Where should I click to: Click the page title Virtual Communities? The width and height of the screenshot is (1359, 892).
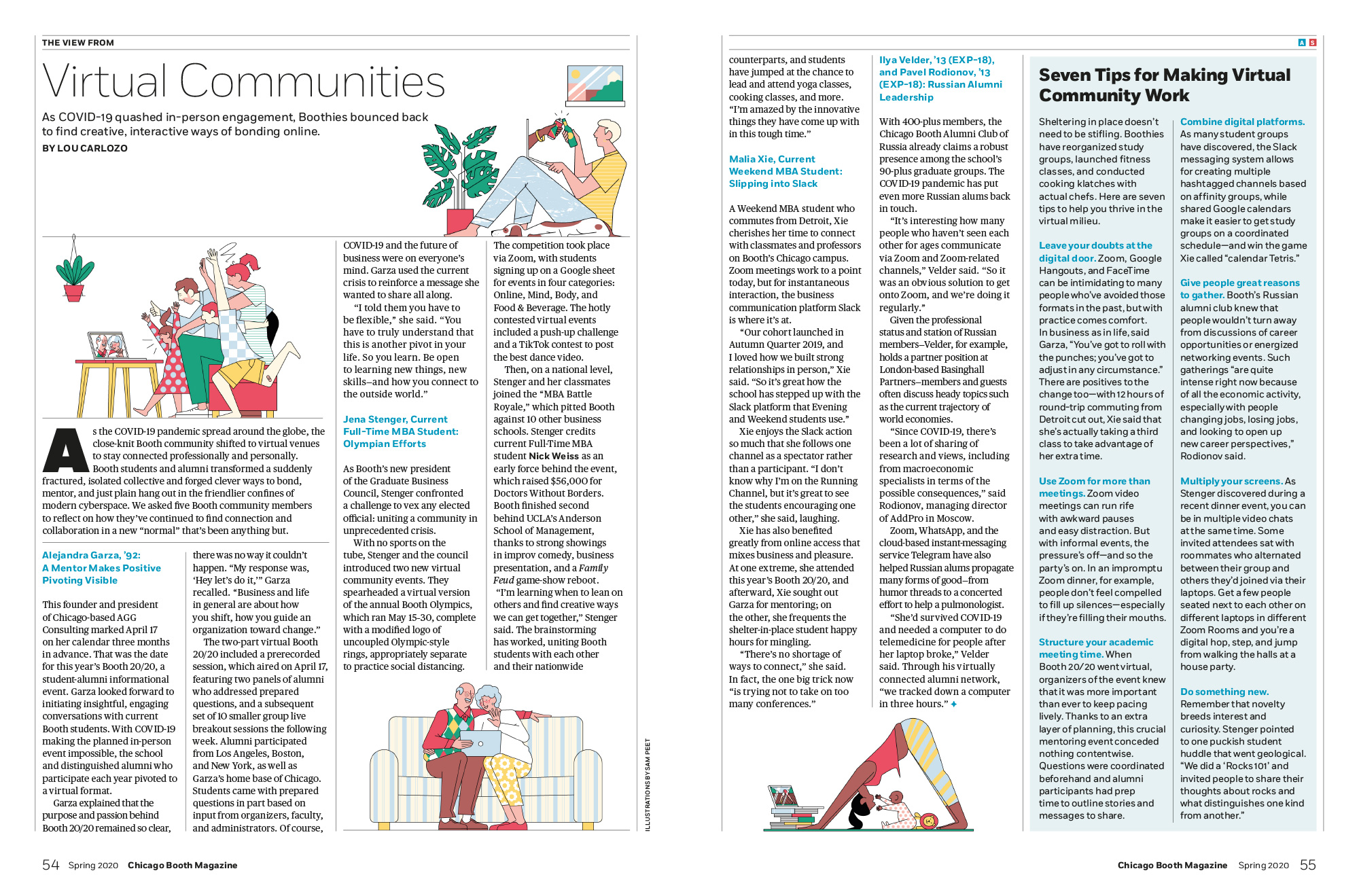pos(243,82)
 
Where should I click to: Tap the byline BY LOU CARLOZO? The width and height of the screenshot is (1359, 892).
pos(85,148)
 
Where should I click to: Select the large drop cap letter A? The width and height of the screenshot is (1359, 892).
pos(66,450)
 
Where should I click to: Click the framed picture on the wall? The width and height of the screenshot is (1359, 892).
pos(595,84)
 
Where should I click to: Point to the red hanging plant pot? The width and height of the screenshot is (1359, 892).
pos(73,292)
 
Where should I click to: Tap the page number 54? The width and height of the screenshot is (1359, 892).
pos(51,865)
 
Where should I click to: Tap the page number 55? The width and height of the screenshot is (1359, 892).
pos(1307,865)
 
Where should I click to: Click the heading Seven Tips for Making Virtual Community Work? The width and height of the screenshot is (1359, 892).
pos(1164,85)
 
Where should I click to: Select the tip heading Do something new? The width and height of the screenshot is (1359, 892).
pos(1224,692)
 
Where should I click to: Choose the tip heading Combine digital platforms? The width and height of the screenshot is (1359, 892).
pos(1242,122)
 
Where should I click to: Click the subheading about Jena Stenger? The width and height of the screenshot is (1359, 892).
pos(400,431)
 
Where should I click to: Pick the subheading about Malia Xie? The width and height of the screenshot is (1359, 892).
pos(785,171)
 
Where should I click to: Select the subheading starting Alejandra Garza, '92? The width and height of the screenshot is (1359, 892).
pos(101,567)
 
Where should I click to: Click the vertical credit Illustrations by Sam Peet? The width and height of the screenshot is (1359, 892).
pos(648,785)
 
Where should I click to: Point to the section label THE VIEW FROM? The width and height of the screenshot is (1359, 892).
pos(78,43)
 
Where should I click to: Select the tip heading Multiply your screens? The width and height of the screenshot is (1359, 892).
pos(1231,481)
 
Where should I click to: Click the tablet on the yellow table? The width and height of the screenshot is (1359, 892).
pos(109,346)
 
